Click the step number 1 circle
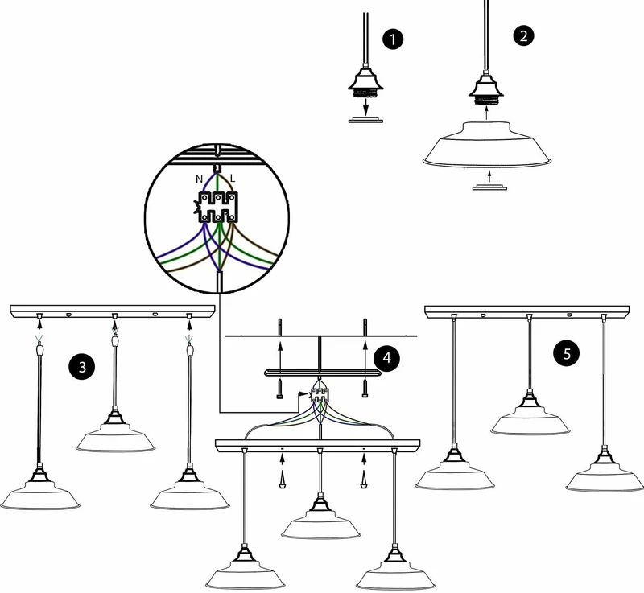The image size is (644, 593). [393, 39]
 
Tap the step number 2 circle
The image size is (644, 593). [523, 35]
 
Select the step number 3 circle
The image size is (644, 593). [82, 366]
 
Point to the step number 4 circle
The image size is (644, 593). [387, 358]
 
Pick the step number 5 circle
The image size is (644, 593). [567, 353]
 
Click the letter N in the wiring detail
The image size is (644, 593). [199, 179]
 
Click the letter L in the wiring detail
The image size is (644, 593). [233, 179]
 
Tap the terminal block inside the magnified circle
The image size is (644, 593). [217, 208]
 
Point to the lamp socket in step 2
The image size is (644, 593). [486, 89]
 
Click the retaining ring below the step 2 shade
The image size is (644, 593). [489, 187]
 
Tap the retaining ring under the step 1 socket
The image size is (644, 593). [365, 120]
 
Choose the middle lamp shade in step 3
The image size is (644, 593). [115, 436]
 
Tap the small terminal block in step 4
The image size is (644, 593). [319, 395]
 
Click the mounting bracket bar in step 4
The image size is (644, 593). [321, 373]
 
